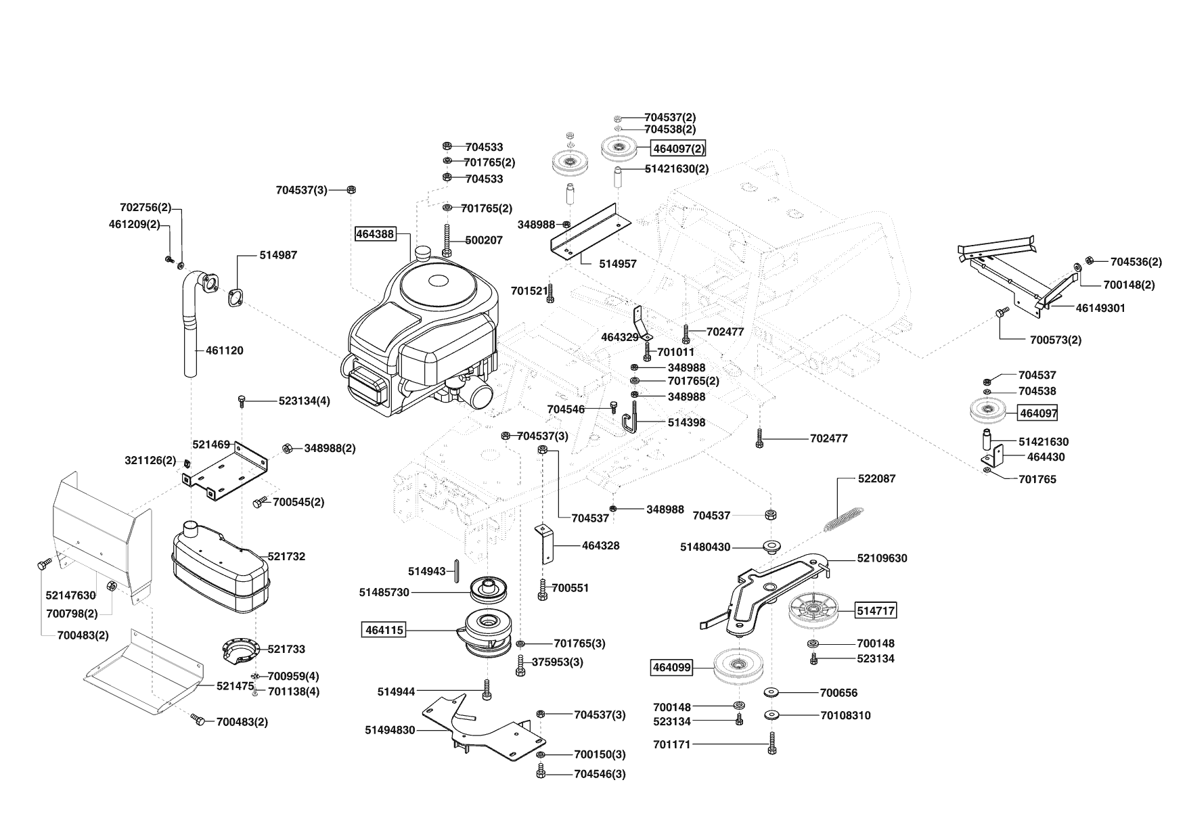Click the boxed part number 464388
pyautogui.click(x=374, y=234)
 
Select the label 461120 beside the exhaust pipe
pyautogui.click(x=224, y=350)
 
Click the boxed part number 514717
pyautogui.click(x=876, y=610)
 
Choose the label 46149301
pyautogui.click(x=1100, y=308)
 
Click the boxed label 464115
pyautogui.click(x=384, y=630)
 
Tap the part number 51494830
pyautogui.click(x=389, y=730)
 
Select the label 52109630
pyautogui.click(x=882, y=558)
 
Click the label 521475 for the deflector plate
pyautogui.click(x=235, y=685)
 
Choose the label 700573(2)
pyautogui.click(x=1055, y=340)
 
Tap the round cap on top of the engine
pyautogui.click(x=424, y=254)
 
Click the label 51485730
pyautogui.click(x=384, y=592)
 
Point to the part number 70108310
pyautogui.click(x=845, y=715)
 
